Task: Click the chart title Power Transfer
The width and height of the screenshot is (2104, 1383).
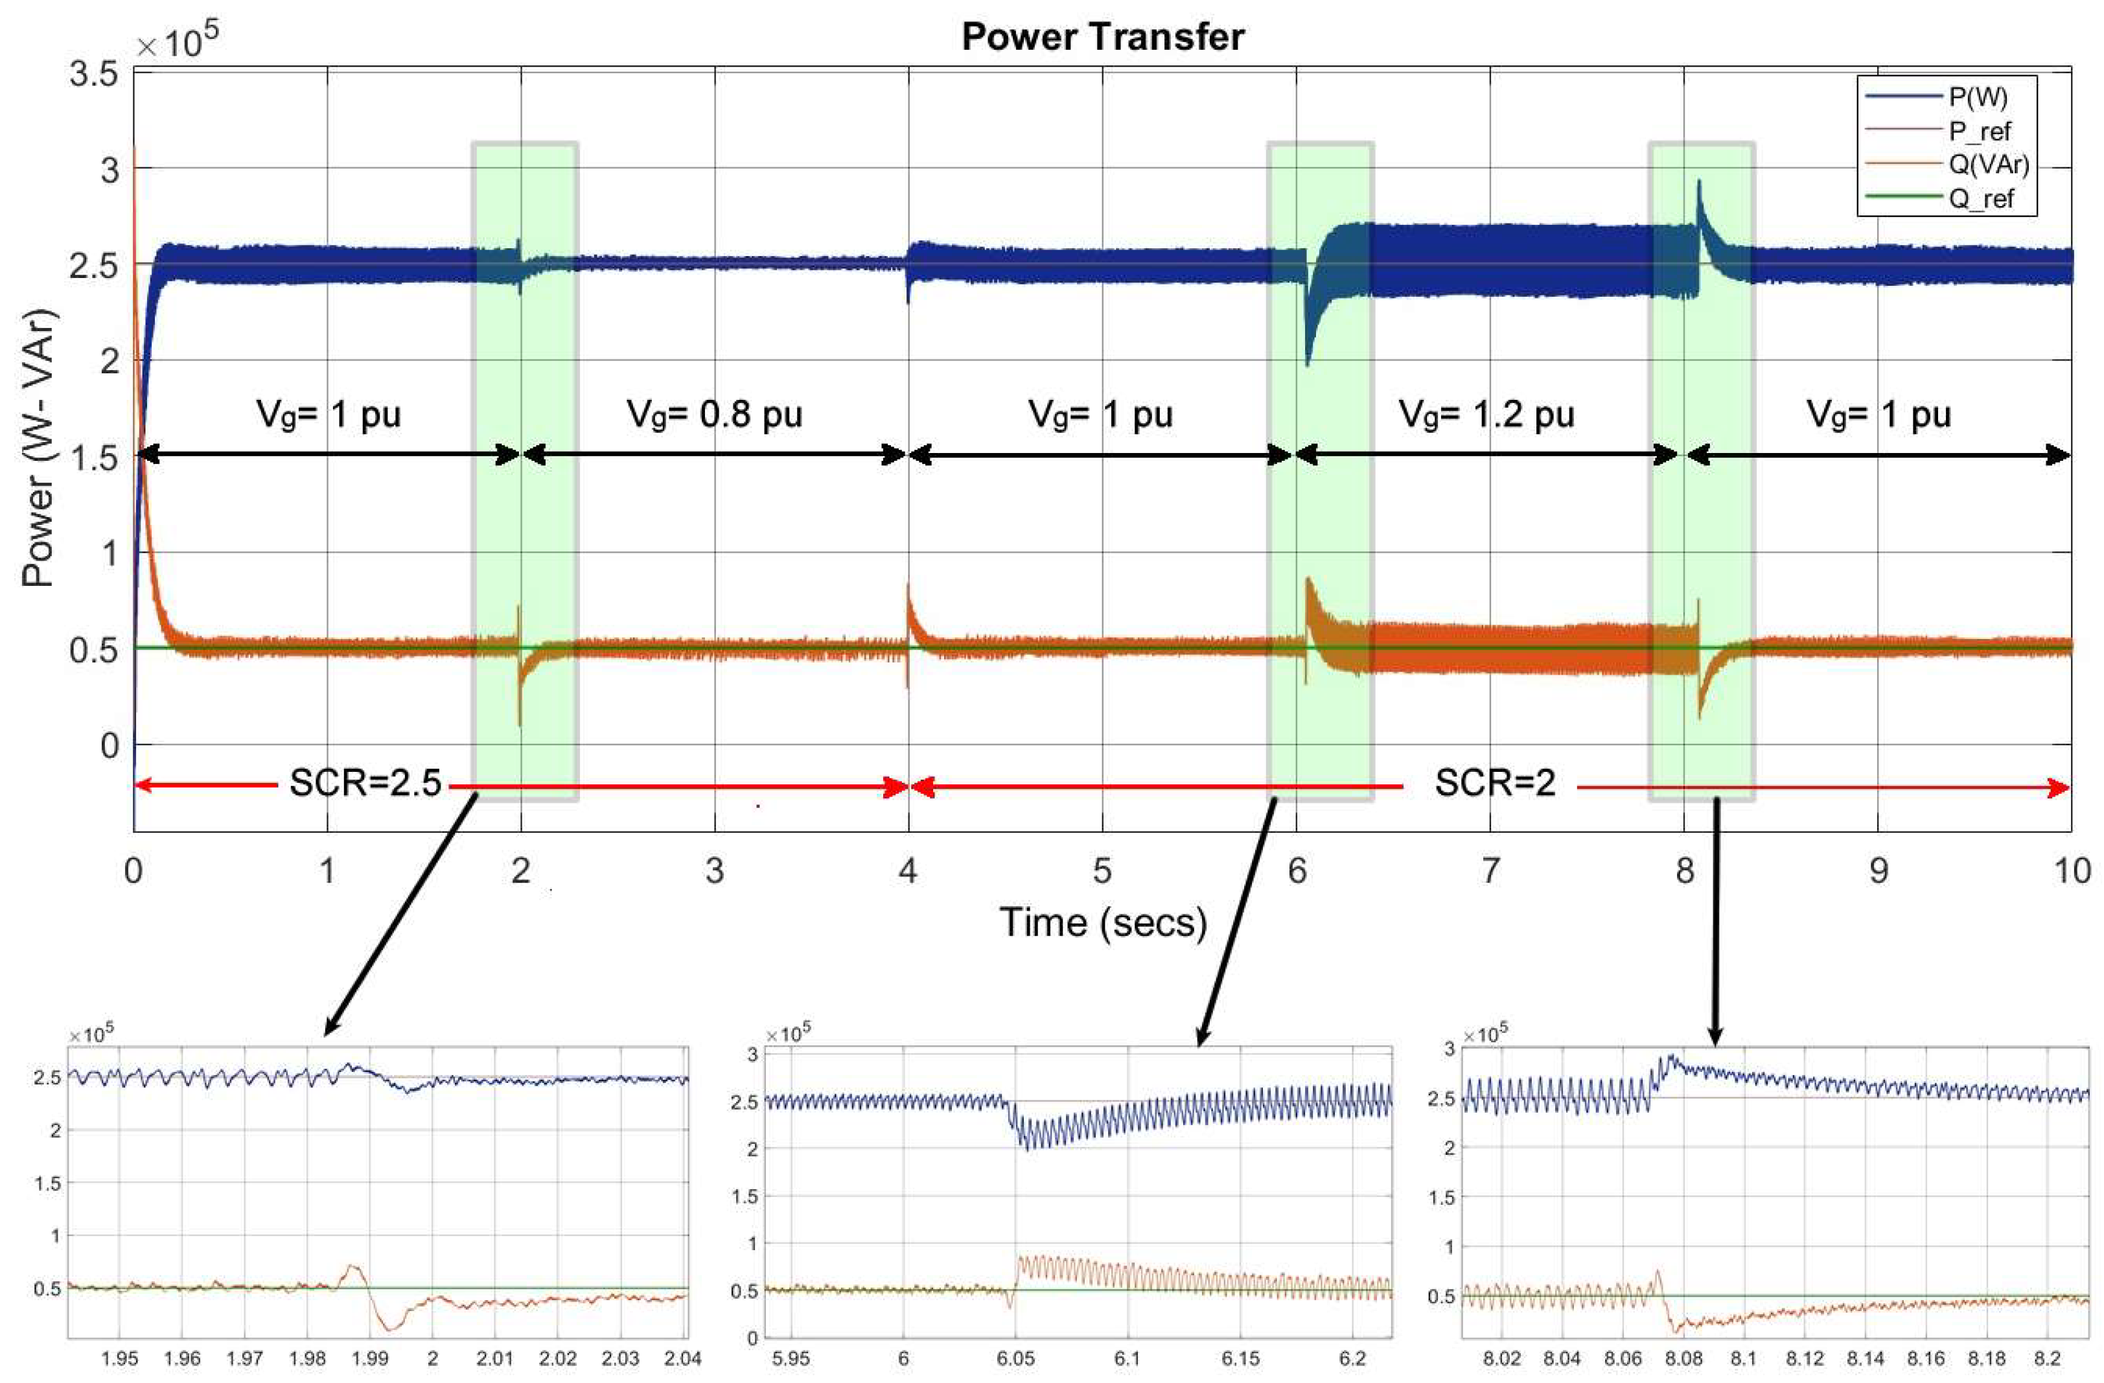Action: tap(1102, 37)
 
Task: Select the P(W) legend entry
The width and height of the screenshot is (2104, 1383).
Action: tap(1978, 97)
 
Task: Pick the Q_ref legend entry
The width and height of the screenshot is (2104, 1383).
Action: tap(1981, 198)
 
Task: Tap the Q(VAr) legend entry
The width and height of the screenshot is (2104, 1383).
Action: tap(1988, 165)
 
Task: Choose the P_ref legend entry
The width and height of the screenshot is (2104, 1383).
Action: tap(1980, 131)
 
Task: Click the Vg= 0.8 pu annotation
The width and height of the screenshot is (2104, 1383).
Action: tap(714, 414)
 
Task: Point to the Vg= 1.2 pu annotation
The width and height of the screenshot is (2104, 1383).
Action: tap(1487, 414)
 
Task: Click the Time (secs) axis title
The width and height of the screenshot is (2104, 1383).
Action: tap(1102, 922)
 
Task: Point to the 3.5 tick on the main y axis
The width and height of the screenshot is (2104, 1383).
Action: tap(94, 75)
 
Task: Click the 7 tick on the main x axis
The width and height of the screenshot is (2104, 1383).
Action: tap(1490, 871)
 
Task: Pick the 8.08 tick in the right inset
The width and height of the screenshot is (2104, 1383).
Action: tap(1683, 1357)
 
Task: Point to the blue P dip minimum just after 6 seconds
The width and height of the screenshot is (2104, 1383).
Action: tap(1308, 364)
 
